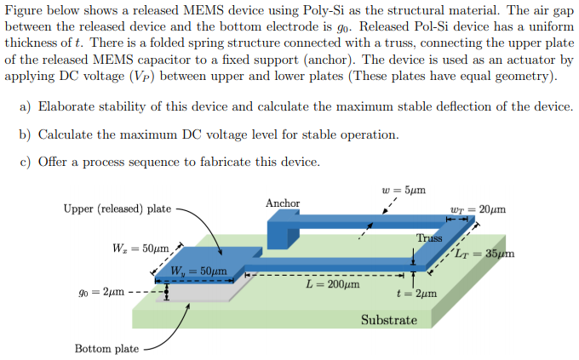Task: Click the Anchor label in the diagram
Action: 283,203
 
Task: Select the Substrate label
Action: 389,320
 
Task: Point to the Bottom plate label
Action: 106,349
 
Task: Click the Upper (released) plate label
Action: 117,209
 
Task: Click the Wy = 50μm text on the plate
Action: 198,271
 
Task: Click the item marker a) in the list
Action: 24,106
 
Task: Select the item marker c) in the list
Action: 24,162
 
